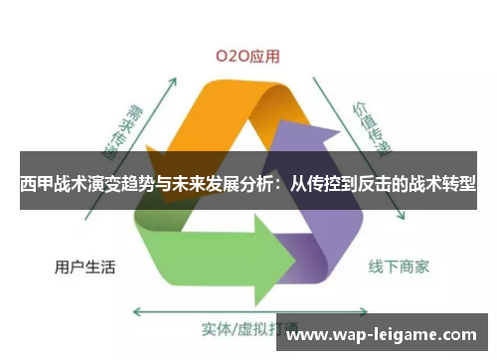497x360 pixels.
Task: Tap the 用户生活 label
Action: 83,267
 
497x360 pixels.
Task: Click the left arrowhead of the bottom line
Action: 136,311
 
